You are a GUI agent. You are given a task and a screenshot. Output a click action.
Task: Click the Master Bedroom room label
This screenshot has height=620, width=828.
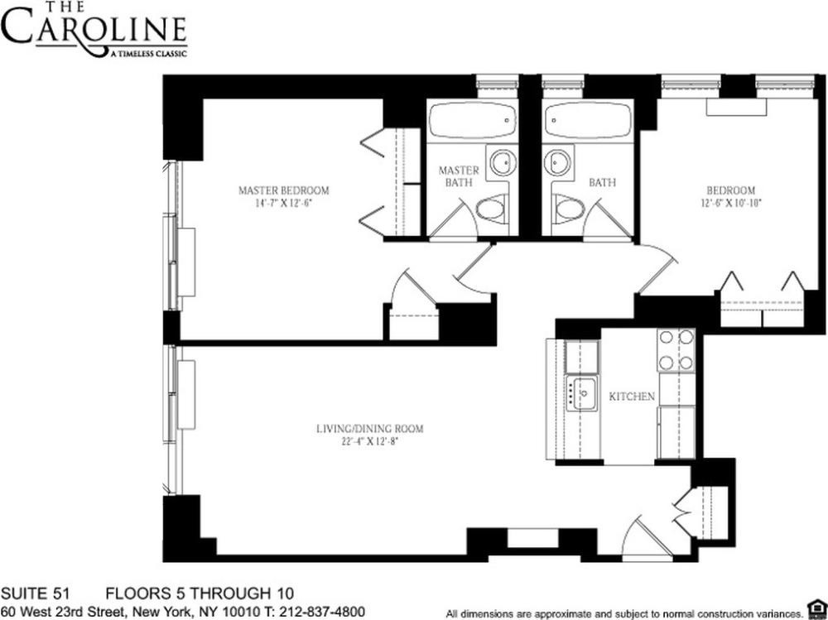point(283,190)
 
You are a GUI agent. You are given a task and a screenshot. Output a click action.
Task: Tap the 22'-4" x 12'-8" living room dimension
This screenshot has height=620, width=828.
point(370,441)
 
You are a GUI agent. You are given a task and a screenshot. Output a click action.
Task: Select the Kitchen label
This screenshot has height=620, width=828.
point(632,397)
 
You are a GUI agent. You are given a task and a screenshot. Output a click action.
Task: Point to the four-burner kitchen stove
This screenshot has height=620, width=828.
point(676,350)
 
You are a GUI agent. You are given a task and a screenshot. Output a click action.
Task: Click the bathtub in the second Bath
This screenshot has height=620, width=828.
point(587,121)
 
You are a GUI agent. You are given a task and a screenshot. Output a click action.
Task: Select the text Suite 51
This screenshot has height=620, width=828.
point(35,594)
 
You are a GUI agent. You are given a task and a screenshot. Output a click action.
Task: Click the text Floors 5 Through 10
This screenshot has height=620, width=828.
point(199,594)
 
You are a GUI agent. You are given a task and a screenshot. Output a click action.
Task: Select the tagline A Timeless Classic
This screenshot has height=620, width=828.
point(147,54)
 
